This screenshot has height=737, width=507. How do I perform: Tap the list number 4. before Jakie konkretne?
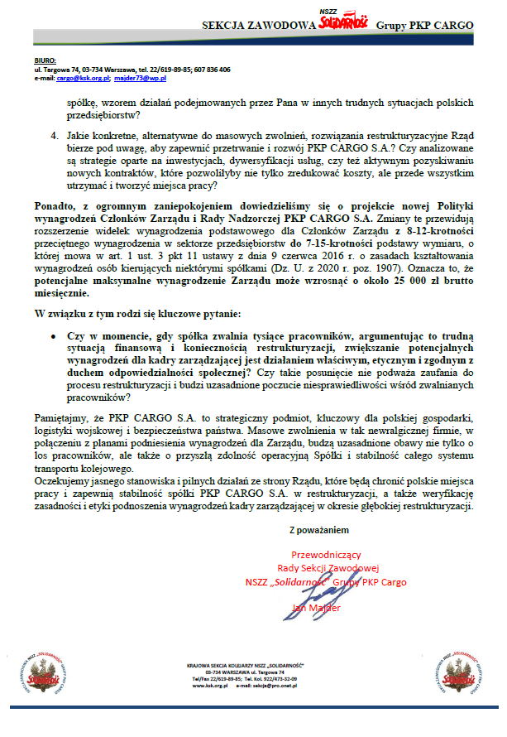(x=53, y=132)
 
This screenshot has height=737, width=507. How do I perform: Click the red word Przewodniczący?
(x=326, y=555)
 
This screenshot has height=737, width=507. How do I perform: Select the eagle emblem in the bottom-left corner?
(x=42, y=667)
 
